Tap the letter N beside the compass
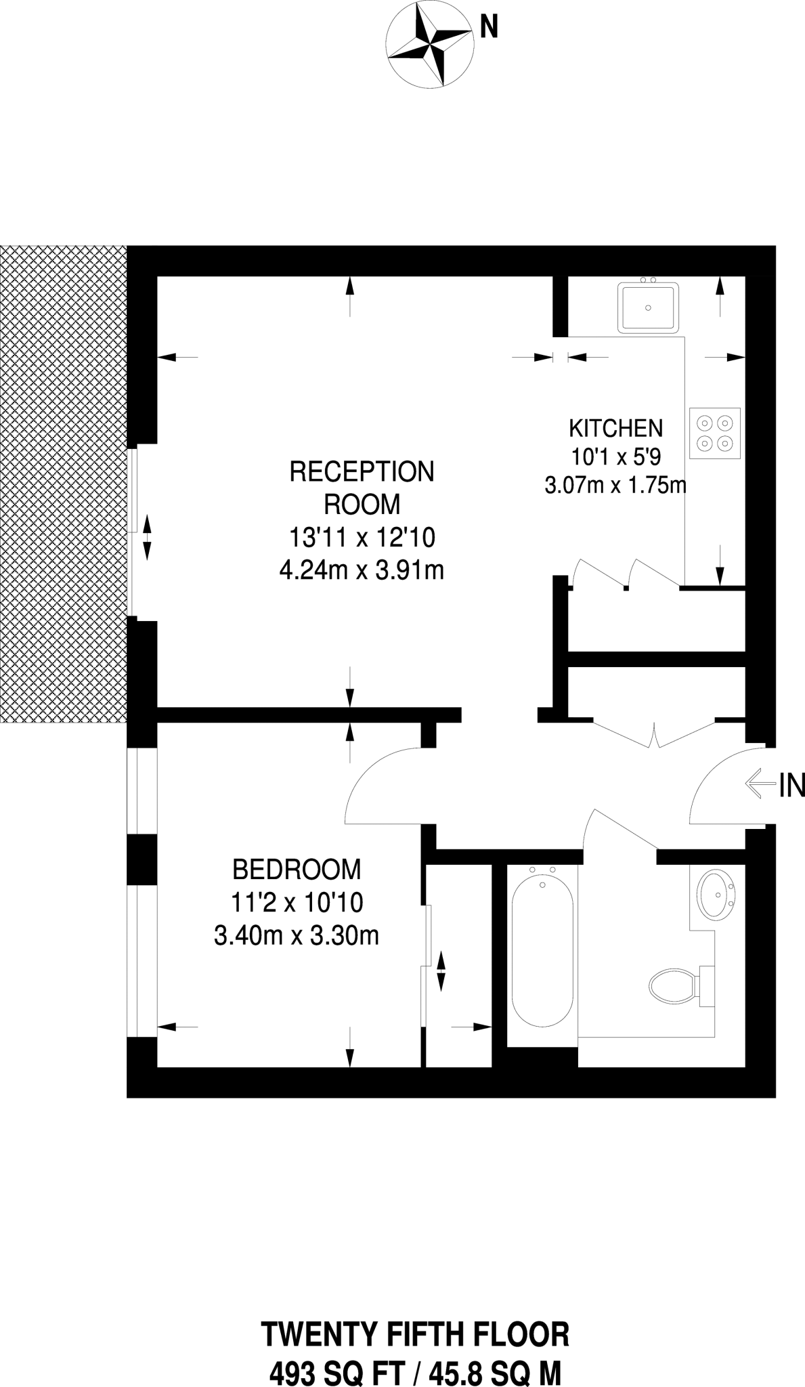pos(489,27)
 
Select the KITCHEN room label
pos(615,428)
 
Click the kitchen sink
pos(648,308)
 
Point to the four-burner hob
pos(715,433)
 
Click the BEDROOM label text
pos(297,868)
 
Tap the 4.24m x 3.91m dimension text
pos(362,571)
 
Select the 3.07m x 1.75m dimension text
pos(615,485)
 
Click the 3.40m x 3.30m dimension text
pos(296,936)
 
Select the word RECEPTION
pos(362,471)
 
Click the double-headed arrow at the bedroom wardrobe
pos(441,971)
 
